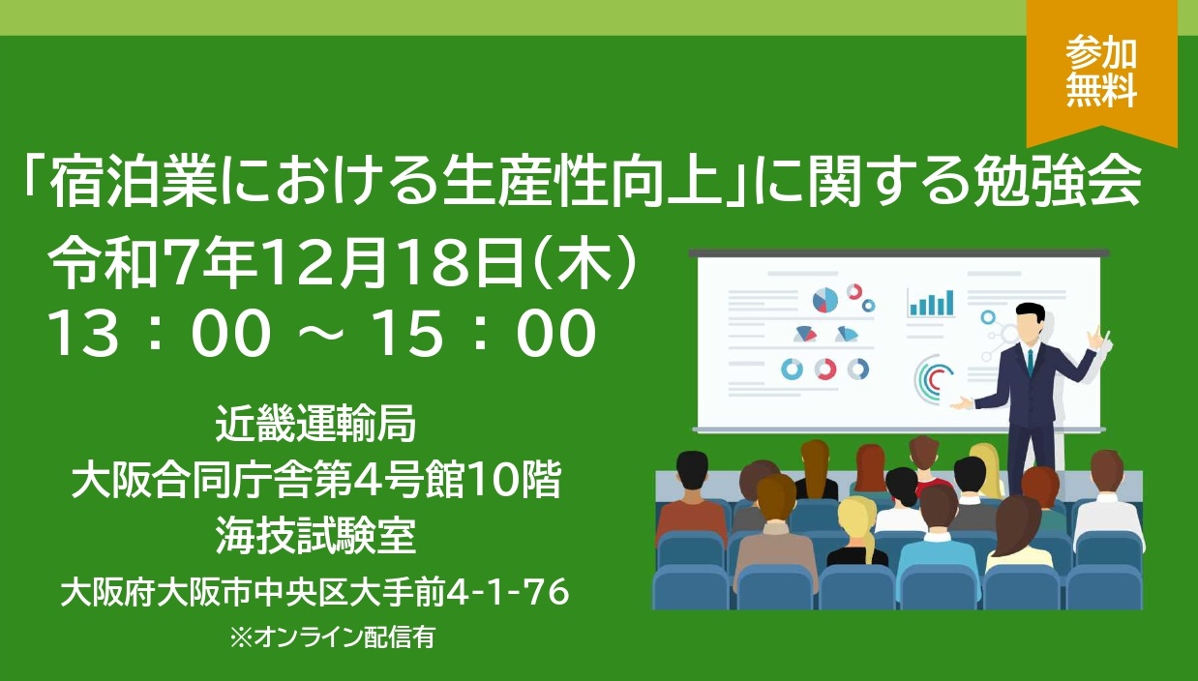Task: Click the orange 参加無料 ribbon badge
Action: click(1102, 73)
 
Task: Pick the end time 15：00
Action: click(484, 333)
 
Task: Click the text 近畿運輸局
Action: click(315, 423)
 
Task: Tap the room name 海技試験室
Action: click(315, 536)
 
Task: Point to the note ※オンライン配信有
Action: click(332, 637)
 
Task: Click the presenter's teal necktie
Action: click(1030, 363)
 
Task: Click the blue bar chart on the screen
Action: click(931, 303)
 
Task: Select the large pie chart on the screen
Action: click(825, 300)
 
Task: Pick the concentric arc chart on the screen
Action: click(932, 379)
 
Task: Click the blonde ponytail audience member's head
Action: click(857, 521)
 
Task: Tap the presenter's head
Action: click(1030, 324)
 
